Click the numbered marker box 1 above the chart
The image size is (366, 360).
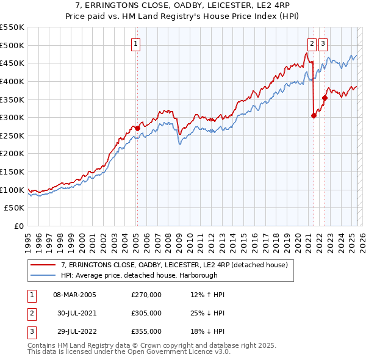[x=135, y=43]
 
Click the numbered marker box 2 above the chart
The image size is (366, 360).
[x=312, y=43]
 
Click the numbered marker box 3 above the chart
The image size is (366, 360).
[x=323, y=43]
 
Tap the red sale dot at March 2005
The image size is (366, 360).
[x=137, y=128]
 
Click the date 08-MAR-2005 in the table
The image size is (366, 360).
[x=74, y=295]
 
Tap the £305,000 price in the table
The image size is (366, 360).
[x=146, y=313]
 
